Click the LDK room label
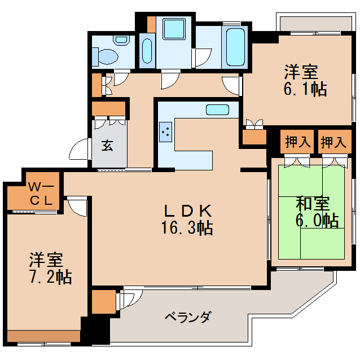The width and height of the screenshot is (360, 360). coord(188,210)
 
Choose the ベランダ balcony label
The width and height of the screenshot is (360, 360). coord(188,317)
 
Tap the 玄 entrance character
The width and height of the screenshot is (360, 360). coord(107,146)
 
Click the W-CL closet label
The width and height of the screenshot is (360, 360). coord(41,194)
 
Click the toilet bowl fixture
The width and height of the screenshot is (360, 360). coord(107,55)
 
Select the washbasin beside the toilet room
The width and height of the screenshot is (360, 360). coord(146,51)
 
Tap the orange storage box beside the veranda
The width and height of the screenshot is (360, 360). coord(102,302)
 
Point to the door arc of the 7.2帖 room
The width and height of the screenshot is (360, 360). coord(78,206)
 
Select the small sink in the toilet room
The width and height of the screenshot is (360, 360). coord(120,40)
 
